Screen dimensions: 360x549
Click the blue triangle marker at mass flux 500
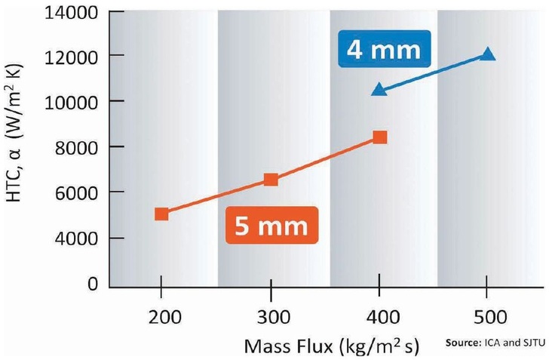coord(487,54)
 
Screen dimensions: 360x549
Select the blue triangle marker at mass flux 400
coord(379,90)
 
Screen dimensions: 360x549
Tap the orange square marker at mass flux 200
coord(161,214)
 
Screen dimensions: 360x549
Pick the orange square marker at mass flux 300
coord(271,179)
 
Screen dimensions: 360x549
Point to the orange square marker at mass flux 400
coord(380,137)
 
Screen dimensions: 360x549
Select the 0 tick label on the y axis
coord(90,284)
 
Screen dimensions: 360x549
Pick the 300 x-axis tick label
coord(271,316)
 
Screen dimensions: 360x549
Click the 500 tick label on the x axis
coord(487,316)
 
